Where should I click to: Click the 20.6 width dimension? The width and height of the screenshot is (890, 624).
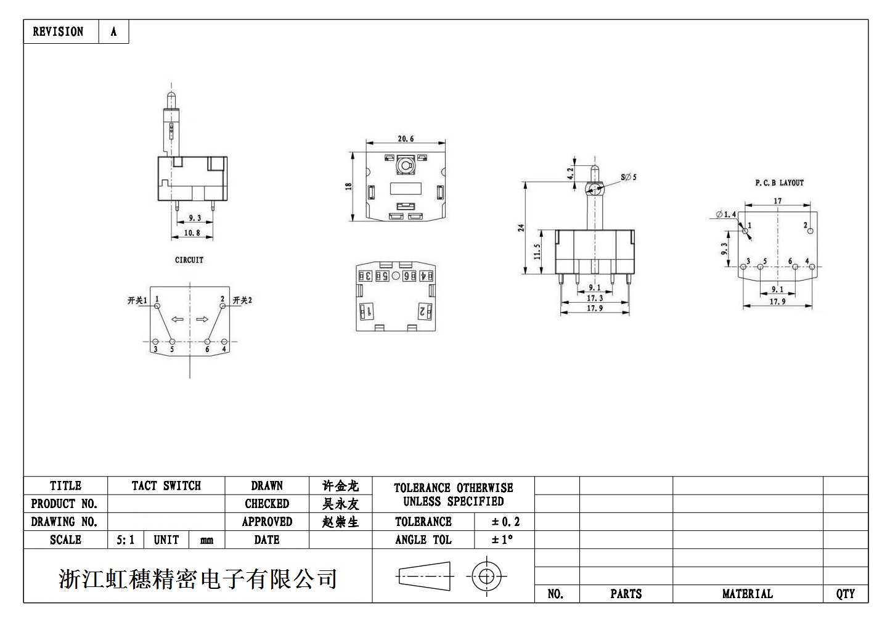(406, 139)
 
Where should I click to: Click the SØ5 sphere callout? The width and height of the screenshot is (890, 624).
(629, 178)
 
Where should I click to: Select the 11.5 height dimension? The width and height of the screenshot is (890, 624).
(537, 251)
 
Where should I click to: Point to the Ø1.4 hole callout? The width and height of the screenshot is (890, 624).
(726, 215)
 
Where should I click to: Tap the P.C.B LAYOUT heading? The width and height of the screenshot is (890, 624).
(779, 183)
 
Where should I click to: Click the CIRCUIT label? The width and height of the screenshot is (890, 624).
(189, 260)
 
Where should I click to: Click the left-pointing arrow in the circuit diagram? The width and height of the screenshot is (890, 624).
(178, 319)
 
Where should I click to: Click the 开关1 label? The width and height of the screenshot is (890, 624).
(137, 301)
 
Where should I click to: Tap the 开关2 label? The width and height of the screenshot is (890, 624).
(242, 301)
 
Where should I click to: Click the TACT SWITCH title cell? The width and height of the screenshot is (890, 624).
(166, 486)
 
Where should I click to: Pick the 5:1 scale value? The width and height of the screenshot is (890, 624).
(125, 540)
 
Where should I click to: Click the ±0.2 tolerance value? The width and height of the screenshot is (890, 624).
(505, 522)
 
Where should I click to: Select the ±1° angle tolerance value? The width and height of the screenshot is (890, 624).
(502, 540)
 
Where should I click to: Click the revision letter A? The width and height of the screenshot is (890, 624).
(113, 31)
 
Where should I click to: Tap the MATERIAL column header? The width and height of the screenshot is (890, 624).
(747, 594)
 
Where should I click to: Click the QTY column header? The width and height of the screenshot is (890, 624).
(845, 594)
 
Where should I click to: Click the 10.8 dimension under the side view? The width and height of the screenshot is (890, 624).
(192, 233)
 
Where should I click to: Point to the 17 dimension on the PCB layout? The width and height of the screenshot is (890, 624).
(777, 201)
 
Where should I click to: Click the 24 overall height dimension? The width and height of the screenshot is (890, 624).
(521, 228)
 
